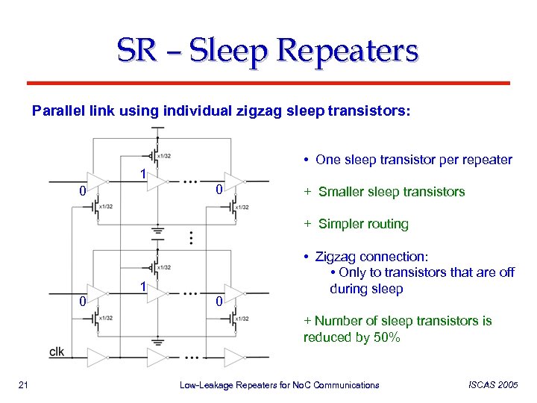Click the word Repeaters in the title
[348, 51]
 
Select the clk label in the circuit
[57, 352]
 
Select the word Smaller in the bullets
[344, 192]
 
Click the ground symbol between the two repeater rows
[157, 231]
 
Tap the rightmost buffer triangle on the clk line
[234, 356]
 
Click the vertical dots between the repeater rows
[193, 238]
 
